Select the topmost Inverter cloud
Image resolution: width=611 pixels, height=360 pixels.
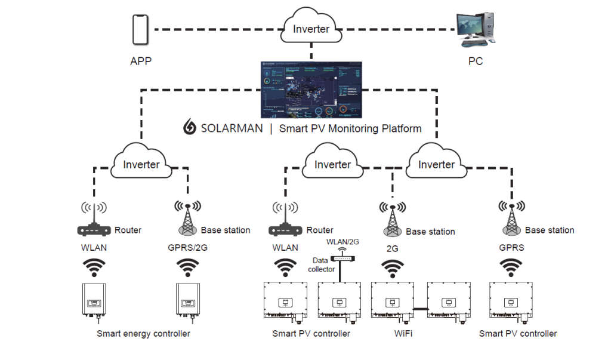tap(311, 29)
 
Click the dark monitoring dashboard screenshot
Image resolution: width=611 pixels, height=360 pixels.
tap(311, 89)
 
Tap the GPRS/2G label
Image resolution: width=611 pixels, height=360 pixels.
tap(189, 247)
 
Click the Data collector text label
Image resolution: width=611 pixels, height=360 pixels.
tap(321, 264)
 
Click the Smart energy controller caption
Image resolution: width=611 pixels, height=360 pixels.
tap(143, 333)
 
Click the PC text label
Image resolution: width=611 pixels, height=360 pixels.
tap(475, 61)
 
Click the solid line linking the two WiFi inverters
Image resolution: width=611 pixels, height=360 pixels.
tap(419, 309)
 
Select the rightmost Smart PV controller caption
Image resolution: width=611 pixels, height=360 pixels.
tap(518, 333)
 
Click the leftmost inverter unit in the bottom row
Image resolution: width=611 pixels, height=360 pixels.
tap(94, 301)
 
